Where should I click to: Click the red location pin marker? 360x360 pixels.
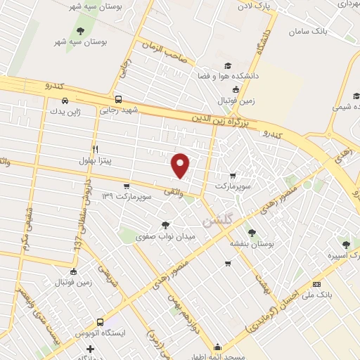181,165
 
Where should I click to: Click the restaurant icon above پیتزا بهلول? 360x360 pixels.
95,148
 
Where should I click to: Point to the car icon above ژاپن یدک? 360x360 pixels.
65,100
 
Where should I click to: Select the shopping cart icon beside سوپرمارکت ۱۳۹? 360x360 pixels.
126,186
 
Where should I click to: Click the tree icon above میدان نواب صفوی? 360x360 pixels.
165,225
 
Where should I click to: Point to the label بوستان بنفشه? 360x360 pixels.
251,243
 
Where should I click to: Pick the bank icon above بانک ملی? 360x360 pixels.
317,283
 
